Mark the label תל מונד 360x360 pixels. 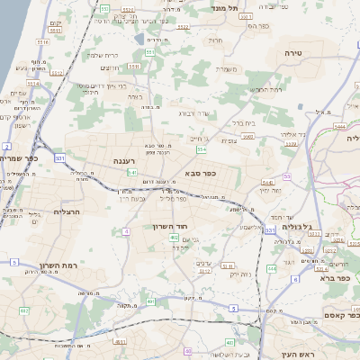(x=224, y=8)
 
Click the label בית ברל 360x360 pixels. (x=244, y=122)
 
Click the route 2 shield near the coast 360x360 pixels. (x=6, y=145)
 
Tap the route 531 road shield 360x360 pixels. (x=58, y=157)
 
